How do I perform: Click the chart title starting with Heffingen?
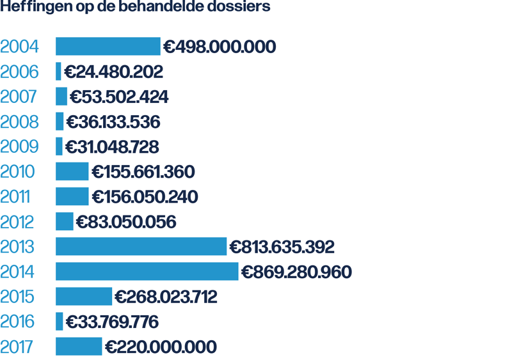click(135, 8)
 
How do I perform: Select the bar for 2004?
click(108, 47)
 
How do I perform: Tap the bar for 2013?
click(141, 247)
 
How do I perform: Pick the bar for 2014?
click(147, 272)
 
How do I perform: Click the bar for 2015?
click(83, 297)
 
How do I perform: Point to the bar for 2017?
click(79, 347)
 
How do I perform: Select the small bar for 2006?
click(58, 72)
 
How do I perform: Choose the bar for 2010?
click(72, 172)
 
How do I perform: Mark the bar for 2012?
click(64, 222)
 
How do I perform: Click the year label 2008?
click(19, 121)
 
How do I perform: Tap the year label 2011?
click(15, 197)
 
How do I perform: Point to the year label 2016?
click(18, 322)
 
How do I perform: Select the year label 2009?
click(19, 146)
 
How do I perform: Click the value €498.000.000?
click(220, 47)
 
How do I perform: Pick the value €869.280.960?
click(296, 272)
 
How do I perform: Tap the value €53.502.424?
click(119, 97)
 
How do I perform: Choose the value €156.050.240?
click(145, 197)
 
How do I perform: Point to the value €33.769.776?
click(112, 322)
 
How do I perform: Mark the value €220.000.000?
click(161, 347)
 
